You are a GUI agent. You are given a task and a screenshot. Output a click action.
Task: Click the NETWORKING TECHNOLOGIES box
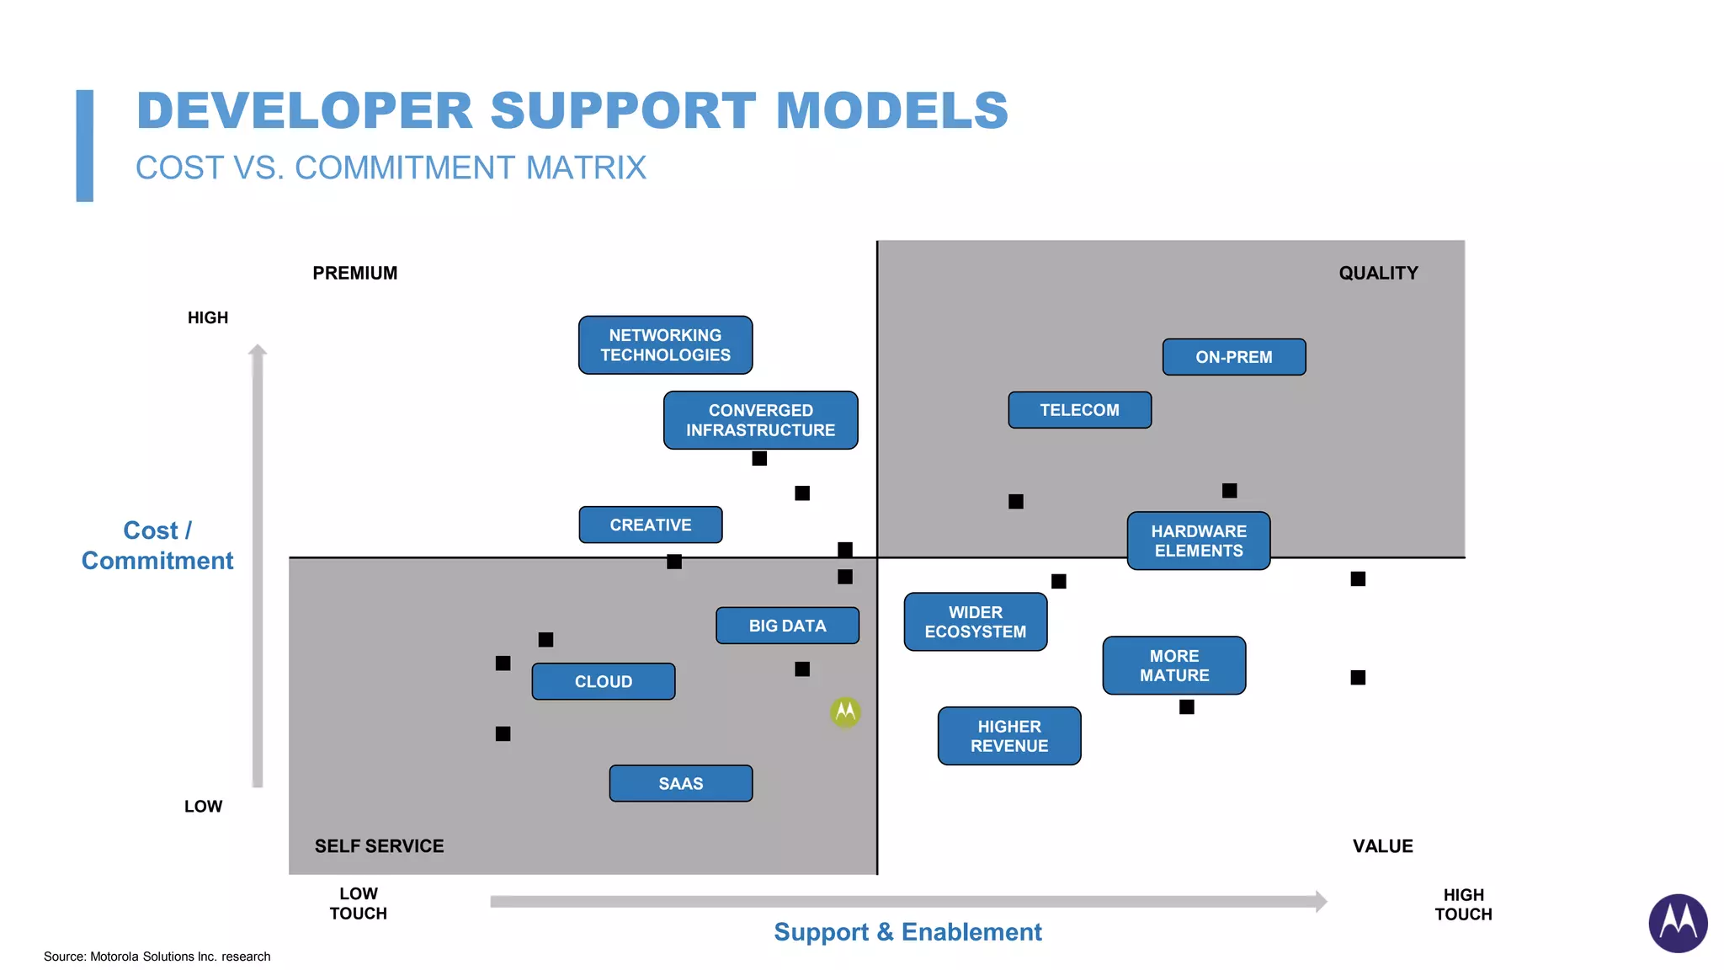pos(665,345)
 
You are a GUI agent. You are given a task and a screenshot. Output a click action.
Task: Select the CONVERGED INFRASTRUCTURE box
pos(760,420)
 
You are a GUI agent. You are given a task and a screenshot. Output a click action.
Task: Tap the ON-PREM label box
pos(1233,357)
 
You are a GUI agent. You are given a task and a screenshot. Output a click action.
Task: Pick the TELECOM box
pos(1079,410)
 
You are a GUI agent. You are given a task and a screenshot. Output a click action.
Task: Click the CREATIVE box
pos(650,525)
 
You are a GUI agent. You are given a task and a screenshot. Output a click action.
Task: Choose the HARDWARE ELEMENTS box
pos(1199,541)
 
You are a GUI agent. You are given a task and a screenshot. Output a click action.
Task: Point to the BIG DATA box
pos(787,626)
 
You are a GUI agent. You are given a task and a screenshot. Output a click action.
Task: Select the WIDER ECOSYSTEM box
pos(975,621)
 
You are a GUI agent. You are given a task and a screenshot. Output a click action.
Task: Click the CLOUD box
pos(603,681)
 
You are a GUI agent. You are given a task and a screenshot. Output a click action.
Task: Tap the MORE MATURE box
pos(1173,665)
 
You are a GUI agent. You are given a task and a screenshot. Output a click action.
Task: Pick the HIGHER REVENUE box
pos(1008,736)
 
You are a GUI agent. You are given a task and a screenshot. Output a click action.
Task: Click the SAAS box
pos(680,783)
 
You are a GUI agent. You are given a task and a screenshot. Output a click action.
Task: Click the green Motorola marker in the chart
pos(845,712)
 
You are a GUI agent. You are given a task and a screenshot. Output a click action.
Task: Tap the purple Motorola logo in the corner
pos(1677,923)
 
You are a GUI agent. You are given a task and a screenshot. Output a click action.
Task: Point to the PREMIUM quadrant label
pos(354,273)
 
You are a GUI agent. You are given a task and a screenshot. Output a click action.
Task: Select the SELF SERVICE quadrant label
pos(379,846)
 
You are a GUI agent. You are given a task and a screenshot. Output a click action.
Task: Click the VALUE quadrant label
pos(1382,846)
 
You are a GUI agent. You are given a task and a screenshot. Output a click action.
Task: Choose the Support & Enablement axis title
pos(907,932)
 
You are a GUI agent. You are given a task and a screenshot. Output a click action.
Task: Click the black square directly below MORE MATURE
pos(1186,707)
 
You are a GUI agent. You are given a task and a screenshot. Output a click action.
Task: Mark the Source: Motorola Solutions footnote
pos(157,957)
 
